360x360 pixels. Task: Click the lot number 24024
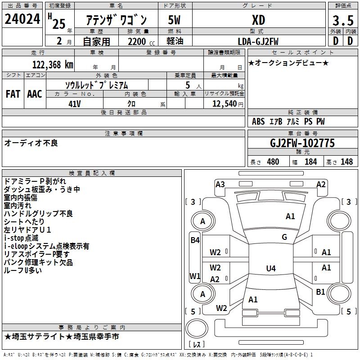coord(22,19)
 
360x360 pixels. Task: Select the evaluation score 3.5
coord(342,20)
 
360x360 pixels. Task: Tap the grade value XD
coord(258,20)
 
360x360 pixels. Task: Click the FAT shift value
coord(13,94)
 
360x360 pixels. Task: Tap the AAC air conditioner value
coord(35,94)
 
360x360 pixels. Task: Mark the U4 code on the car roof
coord(270,269)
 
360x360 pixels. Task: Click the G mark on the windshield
coord(284,237)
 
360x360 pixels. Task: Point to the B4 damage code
coord(195,240)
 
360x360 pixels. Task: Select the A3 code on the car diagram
coord(220,184)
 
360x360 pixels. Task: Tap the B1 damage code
coord(320,292)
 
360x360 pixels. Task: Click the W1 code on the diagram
coord(195,276)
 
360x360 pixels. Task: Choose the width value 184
coord(310,162)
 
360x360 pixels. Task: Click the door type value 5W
coord(175,20)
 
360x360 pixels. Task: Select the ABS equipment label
coord(258,121)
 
